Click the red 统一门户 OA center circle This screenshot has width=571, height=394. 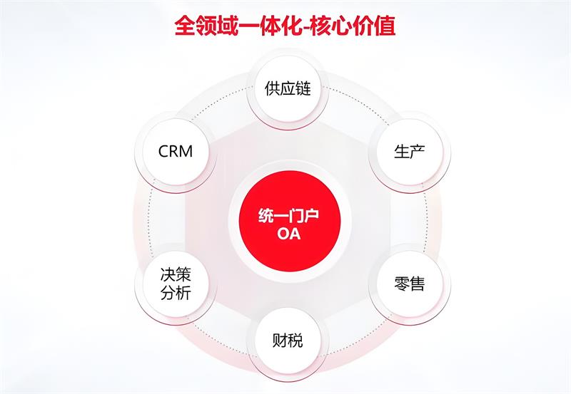click(x=290, y=222)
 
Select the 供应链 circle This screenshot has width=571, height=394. click(x=288, y=88)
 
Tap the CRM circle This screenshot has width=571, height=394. click(x=176, y=151)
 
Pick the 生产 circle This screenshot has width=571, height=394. click(x=410, y=151)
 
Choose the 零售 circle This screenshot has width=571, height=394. click(x=410, y=284)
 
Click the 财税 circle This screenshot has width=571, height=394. click(x=288, y=341)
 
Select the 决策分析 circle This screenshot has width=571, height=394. click(x=176, y=284)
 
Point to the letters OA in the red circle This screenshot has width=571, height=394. click(x=289, y=234)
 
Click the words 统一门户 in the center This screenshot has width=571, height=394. click(x=289, y=216)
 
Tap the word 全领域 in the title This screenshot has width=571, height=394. click(x=206, y=26)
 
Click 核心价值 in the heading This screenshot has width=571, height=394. click(x=353, y=26)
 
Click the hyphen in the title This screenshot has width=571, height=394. click(x=305, y=28)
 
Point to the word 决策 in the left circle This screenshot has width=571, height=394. click(x=176, y=274)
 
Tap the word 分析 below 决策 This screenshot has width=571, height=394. click(x=176, y=293)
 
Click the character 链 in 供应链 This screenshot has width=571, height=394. click(x=303, y=88)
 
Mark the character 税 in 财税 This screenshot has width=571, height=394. click(x=295, y=341)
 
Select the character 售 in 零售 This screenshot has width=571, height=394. click(x=418, y=284)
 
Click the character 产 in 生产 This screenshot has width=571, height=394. click(x=418, y=151)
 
